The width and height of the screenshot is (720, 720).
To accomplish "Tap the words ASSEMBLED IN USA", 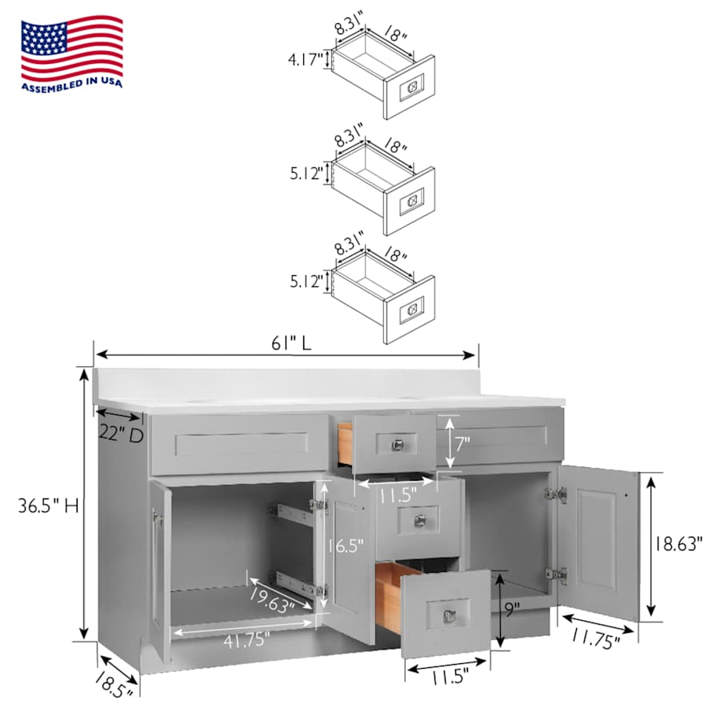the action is tap(72, 85).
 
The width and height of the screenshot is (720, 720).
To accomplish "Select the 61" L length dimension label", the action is tap(291, 343).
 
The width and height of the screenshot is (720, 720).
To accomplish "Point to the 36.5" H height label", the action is tap(48, 506).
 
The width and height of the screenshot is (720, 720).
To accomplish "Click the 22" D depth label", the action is tap(122, 434).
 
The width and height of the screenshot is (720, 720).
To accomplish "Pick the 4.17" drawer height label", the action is tap(306, 59).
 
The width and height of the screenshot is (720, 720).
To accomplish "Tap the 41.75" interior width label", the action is tap(246, 640).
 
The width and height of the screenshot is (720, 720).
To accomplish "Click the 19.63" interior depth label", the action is tap(273, 600).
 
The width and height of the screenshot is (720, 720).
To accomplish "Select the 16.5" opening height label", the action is tap(345, 546).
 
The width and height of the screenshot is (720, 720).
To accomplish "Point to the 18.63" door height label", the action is tap(678, 544).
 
